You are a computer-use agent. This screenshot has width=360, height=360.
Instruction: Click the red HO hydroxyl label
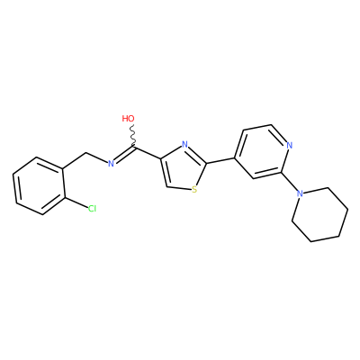(x=128, y=119)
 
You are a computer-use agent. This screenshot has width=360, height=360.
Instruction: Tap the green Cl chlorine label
(x=92, y=209)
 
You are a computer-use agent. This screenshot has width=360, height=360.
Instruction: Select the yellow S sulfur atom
(x=194, y=190)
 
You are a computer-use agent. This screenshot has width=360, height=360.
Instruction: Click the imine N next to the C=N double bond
(x=111, y=164)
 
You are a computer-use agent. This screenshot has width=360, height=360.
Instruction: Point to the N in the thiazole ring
(x=185, y=145)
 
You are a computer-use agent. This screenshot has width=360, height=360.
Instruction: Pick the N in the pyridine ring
(x=289, y=146)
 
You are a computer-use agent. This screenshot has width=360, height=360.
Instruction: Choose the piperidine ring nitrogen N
(x=300, y=193)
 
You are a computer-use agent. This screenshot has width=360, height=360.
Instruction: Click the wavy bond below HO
(x=132, y=135)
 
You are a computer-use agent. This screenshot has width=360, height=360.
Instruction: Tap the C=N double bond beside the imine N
(x=124, y=155)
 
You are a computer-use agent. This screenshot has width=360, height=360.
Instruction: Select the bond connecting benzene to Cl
(x=76, y=202)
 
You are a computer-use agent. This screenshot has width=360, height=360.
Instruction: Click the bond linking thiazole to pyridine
(x=220, y=160)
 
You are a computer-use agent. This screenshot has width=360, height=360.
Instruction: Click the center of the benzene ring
(x=40, y=185)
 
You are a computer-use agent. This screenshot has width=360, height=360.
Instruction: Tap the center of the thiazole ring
(x=182, y=168)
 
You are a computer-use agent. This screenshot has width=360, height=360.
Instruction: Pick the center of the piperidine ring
(x=320, y=214)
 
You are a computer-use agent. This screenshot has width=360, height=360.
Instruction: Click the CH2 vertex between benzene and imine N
(x=86, y=154)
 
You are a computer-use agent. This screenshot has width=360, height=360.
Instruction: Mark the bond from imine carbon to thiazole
(x=148, y=152)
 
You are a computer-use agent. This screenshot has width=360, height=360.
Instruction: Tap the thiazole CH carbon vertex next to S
(x=167, y=185)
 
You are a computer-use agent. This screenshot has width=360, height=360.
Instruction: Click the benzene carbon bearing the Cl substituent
(x=64, y=196)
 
